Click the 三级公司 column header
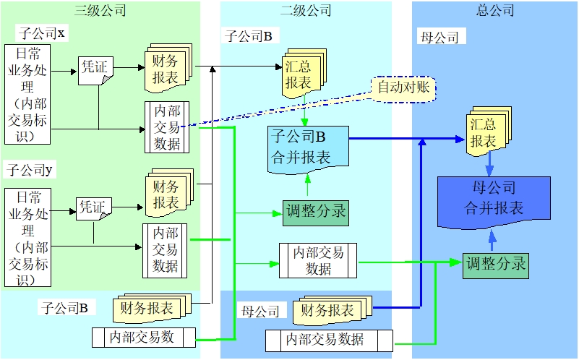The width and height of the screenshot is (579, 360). (x=100, y=10)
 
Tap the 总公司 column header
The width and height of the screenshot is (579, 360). (x=495, y=10)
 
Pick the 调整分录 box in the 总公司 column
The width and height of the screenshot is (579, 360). (x=496, y=263)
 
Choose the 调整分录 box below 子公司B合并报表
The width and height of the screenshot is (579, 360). (x=315, y=212)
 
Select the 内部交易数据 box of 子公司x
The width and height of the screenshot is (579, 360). (x=166, y=127)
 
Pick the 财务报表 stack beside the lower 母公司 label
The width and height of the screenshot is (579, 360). (x=330, y=311)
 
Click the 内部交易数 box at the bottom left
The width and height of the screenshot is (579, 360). (x=144, y=337)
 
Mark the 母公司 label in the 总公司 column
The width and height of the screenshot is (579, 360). (x=439, y=38)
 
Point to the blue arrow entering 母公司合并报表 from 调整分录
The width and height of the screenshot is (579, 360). (x=492, y=240)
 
